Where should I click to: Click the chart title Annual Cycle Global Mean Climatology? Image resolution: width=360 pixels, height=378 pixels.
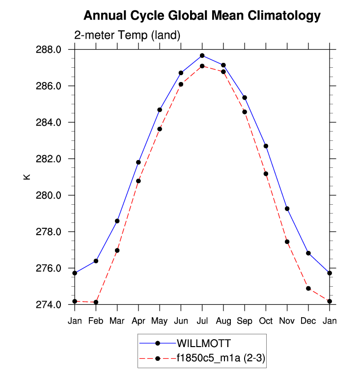click(202, 16)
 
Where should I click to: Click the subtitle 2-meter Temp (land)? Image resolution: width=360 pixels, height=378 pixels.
click(128, 35)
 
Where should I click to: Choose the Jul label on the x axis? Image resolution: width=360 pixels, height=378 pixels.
click(202, 321)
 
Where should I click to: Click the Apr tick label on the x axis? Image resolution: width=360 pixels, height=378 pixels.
click(138, 321)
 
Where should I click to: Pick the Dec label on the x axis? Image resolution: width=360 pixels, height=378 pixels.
click(308, 321)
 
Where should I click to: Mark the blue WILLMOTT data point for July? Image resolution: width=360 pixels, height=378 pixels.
click(202, 55)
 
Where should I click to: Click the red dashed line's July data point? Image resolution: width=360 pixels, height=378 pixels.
click(202, 66)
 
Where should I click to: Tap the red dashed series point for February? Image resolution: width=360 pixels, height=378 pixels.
click(96, 302)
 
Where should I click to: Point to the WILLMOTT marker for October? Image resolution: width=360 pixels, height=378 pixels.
click(266, 146)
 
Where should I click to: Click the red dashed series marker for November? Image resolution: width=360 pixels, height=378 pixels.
click(287, 242)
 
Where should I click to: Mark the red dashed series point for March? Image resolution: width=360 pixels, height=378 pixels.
click(117, 250)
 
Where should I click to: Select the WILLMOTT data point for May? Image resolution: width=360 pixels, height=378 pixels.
click(160, 109)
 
